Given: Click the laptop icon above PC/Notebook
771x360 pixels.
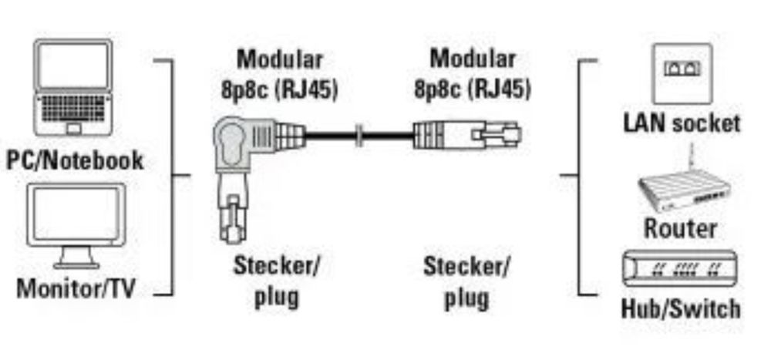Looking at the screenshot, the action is pos(73,88).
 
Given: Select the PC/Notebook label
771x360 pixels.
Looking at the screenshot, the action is pos(75,160).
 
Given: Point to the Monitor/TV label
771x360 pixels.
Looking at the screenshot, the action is pos(76,288).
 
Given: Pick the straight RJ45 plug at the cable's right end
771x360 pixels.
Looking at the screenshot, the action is pos(466,134).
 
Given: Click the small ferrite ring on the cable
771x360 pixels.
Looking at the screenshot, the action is pos(359,134).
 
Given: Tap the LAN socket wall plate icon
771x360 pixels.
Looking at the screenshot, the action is pos(682,74).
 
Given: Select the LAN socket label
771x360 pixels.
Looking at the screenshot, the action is pos(682,123).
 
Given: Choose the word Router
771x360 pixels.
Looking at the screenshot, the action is pos(680,229).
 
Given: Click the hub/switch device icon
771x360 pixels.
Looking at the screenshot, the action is pos(679,268).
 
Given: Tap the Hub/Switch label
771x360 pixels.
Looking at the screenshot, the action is pos(681,308).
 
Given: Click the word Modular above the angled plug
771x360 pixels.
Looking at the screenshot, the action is pos(280,59).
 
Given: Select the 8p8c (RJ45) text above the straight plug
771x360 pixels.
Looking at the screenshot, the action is pos(473,89).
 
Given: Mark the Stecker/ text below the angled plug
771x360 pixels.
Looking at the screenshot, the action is pos(276,266).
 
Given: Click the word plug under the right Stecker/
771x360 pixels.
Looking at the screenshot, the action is pos(466,298).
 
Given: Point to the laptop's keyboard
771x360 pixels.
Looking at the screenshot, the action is pos(73,108).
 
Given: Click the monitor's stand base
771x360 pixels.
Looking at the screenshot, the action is pos(76,265).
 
